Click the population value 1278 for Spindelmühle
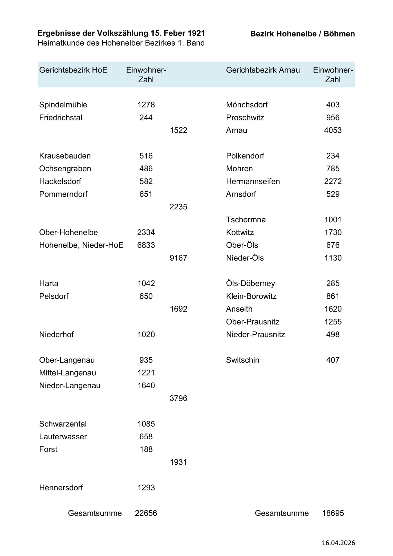[146, 105]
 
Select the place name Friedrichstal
[61, 118]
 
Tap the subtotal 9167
[178, 258]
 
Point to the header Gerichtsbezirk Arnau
[263, 70]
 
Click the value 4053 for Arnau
[333, 130]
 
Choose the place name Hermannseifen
[253, 181]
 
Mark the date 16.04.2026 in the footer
[338, 543]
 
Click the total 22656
[146, 513]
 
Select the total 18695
[333, 513]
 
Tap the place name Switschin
[243, 360]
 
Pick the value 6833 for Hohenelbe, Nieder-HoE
[146, 245]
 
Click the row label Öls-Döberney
[250, 283]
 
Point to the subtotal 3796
[178, 398]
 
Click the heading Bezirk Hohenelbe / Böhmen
[302, 34]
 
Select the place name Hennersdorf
[61, 488]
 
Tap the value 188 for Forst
[146, 449]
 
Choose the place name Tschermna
[246, 220]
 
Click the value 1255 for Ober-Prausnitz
[333, 322]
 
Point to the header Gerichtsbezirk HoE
[73, 70]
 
